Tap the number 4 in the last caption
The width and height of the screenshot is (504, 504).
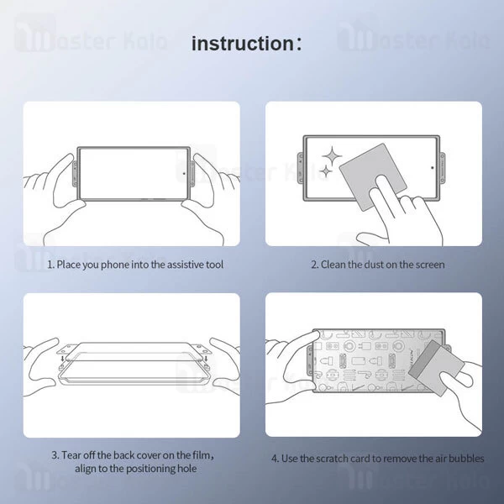274,459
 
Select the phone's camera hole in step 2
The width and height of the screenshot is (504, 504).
432,166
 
